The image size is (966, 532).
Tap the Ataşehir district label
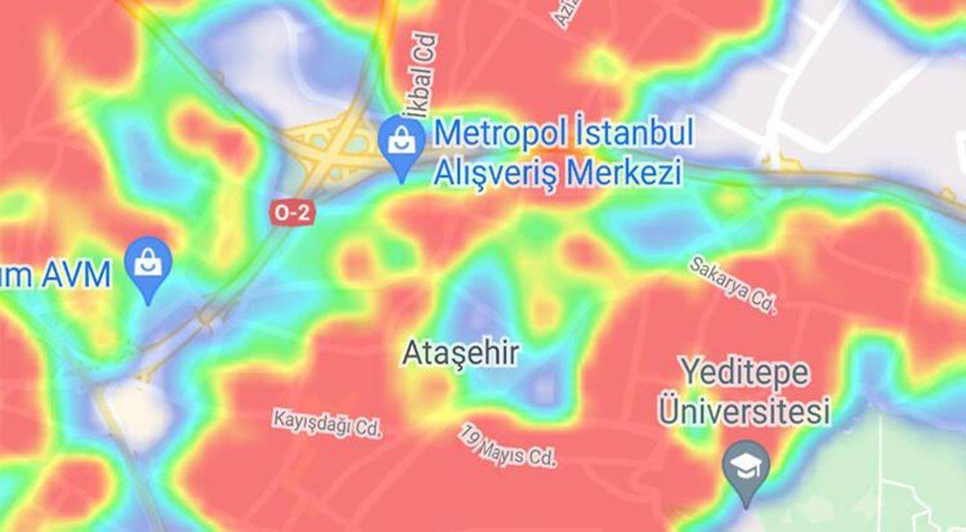460,352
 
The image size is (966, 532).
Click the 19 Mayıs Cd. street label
507,444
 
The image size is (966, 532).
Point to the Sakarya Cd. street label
732,284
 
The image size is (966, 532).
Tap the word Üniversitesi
744,411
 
